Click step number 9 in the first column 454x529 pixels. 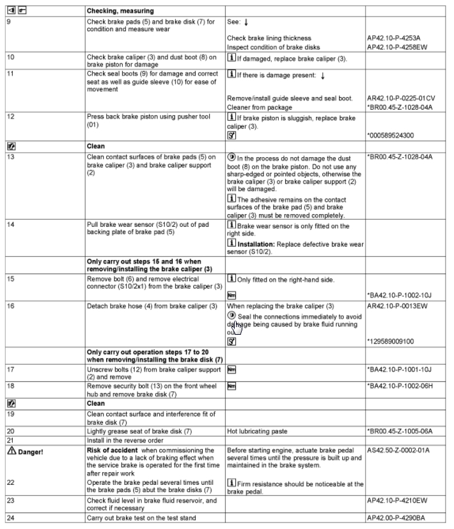click(9, 21)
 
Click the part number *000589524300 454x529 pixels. click(391, 135)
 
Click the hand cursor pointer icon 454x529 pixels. click(237, 327)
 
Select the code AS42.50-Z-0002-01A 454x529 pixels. click(398, 450)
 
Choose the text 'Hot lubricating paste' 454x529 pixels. click(254, 431)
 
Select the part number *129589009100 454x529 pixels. click(391, 341)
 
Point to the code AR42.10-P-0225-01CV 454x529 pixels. click(401, 98)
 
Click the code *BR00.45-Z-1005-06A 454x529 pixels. click(400, 431)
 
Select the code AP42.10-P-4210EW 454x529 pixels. click(396, 499)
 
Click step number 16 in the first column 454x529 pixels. click(10, 307)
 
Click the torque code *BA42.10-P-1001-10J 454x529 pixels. click(400, 369)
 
